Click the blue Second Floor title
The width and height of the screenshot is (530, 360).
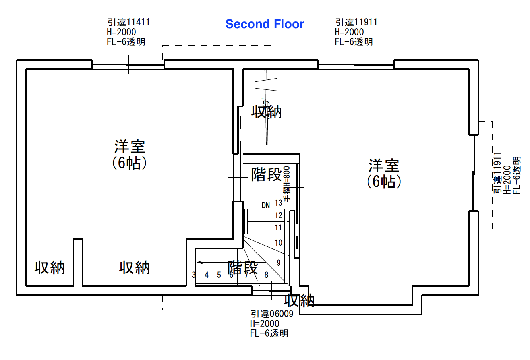[265, 24]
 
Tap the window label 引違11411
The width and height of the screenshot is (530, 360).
[128, 22]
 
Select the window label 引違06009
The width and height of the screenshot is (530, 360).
[272, 314]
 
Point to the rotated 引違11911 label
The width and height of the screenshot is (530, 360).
[497, 173]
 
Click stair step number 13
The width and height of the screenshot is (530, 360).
[279, 203]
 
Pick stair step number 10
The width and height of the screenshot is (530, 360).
[279, 242]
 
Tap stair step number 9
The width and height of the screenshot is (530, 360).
[279, 263]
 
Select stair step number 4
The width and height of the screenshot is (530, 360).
[207, 275]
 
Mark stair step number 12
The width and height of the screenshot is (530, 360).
[279, 215]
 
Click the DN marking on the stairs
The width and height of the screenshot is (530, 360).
[266, 205]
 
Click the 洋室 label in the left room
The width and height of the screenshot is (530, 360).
[130, 146]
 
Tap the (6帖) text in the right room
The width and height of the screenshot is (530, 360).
[384, 182]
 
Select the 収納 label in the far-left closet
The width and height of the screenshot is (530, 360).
[50, 267]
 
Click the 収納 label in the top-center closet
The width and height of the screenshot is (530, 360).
[267, 112]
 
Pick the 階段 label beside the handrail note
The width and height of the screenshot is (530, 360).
[266, 174]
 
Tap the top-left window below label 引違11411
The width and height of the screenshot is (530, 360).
[128, 64]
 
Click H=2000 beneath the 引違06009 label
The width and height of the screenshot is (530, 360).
[265, 323]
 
